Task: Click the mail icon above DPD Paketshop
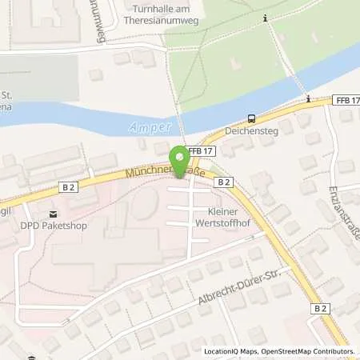coord(53,214)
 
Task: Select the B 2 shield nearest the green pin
coord(225,182)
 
